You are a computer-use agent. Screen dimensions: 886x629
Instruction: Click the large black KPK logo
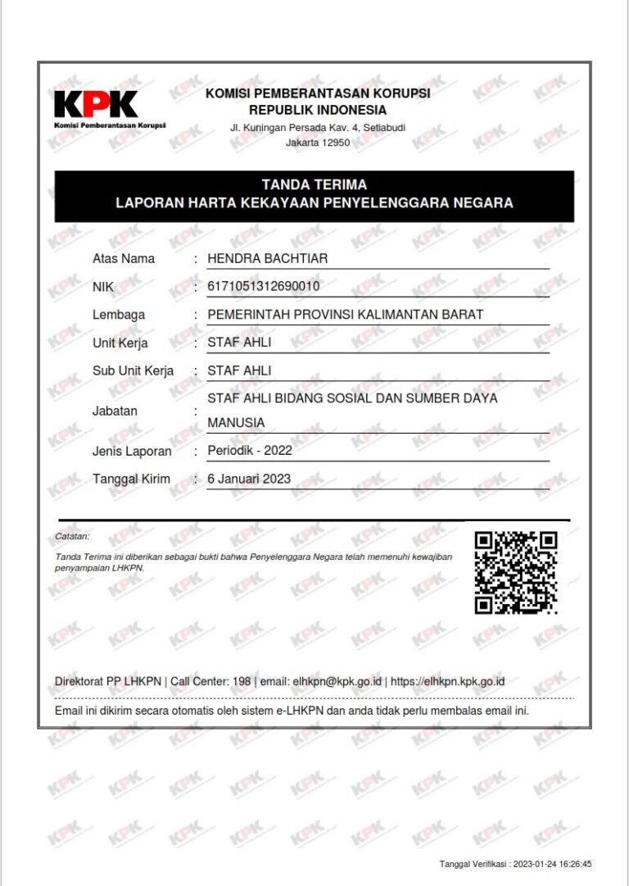click(x=96, y=103)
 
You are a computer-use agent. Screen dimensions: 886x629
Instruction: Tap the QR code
click(x=516, y=572)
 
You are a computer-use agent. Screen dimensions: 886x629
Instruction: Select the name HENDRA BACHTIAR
click(x=267, y=259)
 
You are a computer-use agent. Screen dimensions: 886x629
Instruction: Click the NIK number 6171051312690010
click(x=264, y=286)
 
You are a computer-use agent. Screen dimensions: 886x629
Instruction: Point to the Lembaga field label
click(x=119, y=315)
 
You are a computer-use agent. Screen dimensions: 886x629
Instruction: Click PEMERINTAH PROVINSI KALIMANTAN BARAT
click(x=345, y=315)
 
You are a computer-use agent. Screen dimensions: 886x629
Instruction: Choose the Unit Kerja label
click(x=120, y=343)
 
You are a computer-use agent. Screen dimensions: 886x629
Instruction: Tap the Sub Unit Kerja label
click(x=133, y=370)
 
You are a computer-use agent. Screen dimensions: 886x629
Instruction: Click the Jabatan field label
click(x=115, y=411)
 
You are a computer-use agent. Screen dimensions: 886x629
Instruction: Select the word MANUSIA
click(x=236, y=423)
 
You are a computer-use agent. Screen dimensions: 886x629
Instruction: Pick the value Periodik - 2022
click(x=250, y=450)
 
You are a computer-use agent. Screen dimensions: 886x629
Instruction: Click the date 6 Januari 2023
click(x=249, y=479)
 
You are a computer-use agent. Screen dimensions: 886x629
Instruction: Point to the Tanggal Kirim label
click(x=131, y=479)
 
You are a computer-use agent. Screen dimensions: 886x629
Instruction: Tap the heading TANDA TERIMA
click(x=314, y=184)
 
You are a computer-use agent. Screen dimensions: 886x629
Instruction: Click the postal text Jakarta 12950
click(x=318, y=143)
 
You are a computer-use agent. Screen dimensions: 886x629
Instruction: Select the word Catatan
click(x=72, y=536)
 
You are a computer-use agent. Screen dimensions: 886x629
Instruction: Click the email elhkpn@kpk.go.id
click(x=337, y=681)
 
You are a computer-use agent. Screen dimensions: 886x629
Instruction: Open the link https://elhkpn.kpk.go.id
click(x=447, y=681)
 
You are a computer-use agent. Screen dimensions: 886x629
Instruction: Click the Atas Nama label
click(x=124, y=259)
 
